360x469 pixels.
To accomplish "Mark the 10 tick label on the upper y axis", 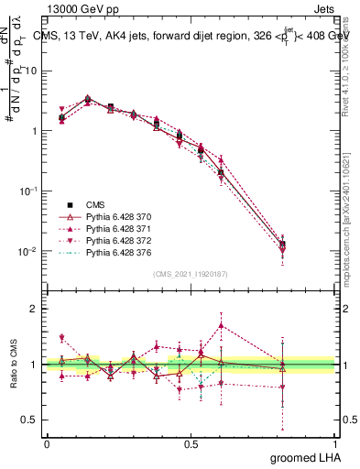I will pos(31,71).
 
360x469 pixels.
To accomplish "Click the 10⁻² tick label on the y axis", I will pos(28,251).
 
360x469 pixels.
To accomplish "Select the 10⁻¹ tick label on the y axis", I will pos(28,191).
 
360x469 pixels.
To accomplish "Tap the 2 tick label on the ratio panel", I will pos(37,309).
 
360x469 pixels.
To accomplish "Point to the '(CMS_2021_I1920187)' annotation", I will pos(191,274).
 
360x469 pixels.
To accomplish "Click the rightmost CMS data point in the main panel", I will pos(283,245).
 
